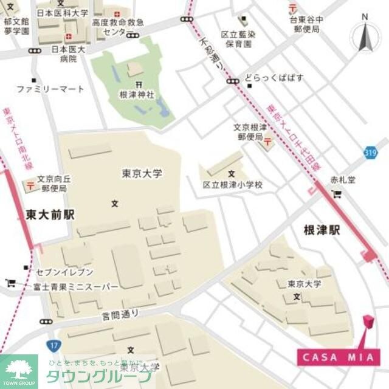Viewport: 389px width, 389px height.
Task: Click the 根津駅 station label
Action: pos(322,230)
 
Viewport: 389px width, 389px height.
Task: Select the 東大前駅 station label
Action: pos(50,215)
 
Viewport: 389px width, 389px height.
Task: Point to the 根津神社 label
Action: pos(137,95)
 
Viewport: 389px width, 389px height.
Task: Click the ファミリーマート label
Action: pos(50,89)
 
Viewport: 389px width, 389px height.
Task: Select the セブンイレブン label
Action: pos(63,272)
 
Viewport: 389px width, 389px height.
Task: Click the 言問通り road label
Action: pos(122,314)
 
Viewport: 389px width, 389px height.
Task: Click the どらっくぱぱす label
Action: pos(274,78)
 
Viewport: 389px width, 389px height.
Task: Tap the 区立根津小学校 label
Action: pos(233,184)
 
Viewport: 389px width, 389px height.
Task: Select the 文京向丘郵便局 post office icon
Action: pos(29,185)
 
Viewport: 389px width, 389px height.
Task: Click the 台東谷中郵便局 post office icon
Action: pos(294,7)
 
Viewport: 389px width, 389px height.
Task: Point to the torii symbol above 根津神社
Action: pos(139,84)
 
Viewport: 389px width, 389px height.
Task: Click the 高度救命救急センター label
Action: pos(118,27)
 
